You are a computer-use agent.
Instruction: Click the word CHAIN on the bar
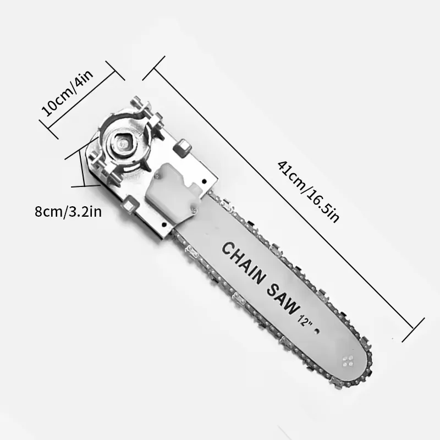243,261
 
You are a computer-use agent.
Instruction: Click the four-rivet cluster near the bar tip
348,361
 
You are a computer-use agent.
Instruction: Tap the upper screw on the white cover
159,176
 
